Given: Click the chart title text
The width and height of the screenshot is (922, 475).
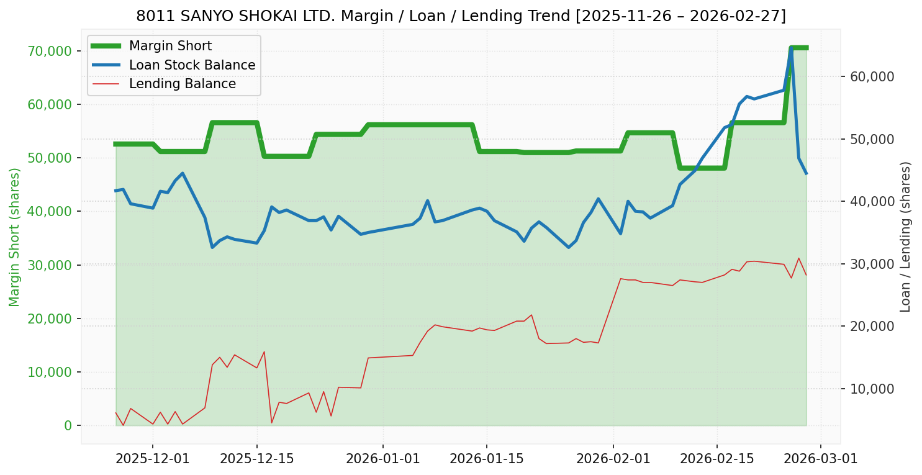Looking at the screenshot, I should (x=461, y=16).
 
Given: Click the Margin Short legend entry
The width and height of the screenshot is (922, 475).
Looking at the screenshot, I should (x=170, y=46).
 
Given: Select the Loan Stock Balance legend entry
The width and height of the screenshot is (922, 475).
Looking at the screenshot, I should (x=192, y=65).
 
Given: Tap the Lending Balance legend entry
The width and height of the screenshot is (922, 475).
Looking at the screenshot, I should (x=182, y=84).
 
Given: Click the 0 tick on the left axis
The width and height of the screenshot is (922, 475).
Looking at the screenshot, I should (x=68, y=426).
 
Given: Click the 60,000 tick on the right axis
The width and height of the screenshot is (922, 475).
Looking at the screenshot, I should (x=868, y=76).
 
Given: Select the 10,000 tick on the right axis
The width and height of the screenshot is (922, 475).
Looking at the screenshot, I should (x=868, y=389).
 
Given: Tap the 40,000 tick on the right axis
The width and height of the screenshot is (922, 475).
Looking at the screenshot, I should (x=868, y=201).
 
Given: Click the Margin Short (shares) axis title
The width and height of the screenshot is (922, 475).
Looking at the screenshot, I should (x=15, y=237).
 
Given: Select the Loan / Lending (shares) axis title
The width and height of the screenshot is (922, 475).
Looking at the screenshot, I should (x=905, y=237).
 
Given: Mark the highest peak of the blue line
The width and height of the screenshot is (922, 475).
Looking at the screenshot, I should (x=791, y=48).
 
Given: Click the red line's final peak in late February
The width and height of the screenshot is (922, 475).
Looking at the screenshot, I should (x=798, y=258).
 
